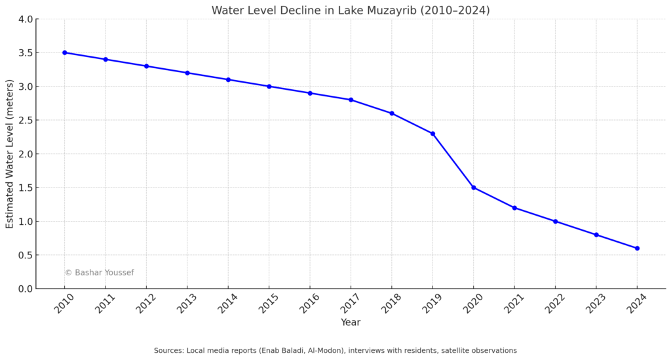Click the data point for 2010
tap(64, 52)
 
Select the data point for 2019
tap(432, 134)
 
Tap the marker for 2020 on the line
tap(474, 188)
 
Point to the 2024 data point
tap(637, 249)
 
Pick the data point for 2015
tap(269, 87)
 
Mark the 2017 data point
tap(351, 100)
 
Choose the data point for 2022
tap(555, 222)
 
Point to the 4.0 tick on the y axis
tap(26, 19)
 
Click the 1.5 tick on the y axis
tap(26, 188)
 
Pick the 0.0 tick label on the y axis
tap(26, 289)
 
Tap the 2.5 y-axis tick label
tap(26, 120)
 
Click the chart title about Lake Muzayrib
tap(350, 10)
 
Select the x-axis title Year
tap(350, 323)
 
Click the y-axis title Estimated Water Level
tap(10, 154)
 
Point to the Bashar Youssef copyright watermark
tap(99, 273)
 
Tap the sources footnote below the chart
tap(335, 351)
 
